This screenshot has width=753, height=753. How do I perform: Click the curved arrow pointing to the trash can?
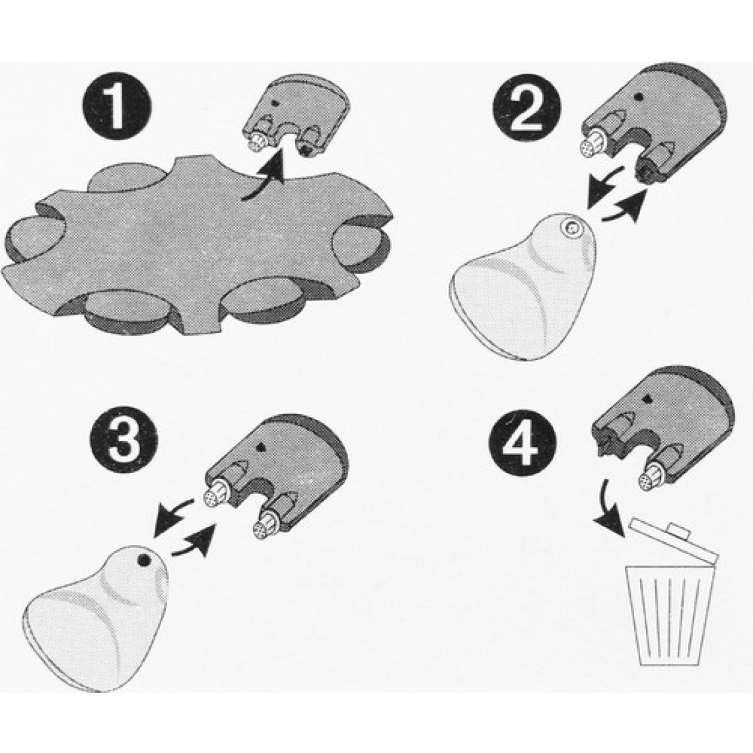tap(609, 508)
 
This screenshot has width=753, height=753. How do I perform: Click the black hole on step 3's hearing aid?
tap(143, 560)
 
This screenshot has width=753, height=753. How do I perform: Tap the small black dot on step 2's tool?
tap(639, 96)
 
